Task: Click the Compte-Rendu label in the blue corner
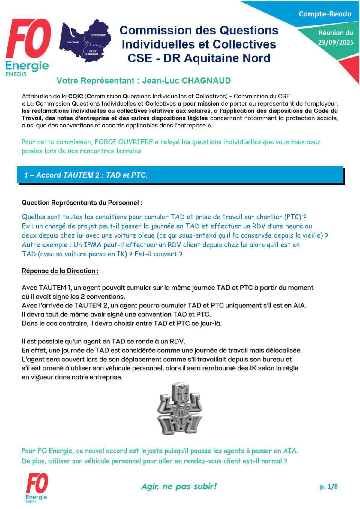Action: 325,14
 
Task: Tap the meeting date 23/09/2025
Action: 336,42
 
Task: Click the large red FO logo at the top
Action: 28,39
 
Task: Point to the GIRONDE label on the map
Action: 73,43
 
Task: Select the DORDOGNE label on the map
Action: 98,35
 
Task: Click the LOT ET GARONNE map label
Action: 92,53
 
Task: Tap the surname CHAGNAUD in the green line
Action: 206,81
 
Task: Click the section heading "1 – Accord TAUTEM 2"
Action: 86,175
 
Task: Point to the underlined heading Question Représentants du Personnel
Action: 82,202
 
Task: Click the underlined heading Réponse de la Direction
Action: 60,271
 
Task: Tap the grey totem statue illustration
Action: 180,408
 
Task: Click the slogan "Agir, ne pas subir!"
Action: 179,486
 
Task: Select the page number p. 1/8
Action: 328,486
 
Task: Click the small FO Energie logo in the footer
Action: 37,487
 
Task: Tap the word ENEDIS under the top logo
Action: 16,74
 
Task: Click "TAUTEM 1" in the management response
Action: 55,288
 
